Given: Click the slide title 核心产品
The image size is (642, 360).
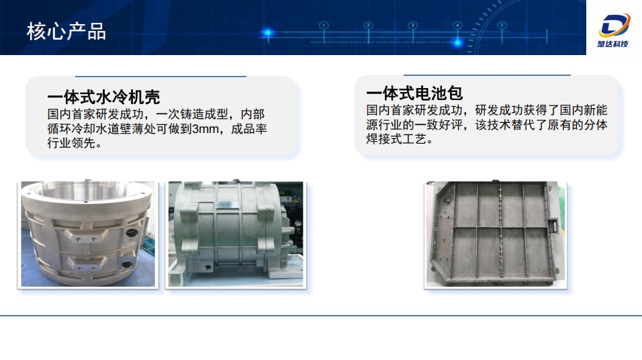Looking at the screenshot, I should (x=66, y=32).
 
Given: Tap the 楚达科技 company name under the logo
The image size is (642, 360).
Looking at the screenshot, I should (x=612, y=44).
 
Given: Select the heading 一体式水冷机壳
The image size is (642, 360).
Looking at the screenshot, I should (x=103, y=96).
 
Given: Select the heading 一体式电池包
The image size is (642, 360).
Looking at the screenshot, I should (x=414, y=93).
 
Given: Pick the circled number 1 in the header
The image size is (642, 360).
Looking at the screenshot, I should (x=324, y=26).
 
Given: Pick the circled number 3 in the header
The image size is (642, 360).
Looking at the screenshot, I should (x=412, y=26).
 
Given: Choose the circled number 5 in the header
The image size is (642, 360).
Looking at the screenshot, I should (x=502, y=26).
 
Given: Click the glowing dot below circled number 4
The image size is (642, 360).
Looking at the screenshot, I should (x=457, y=42).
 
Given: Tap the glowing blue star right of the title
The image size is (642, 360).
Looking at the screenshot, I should (x=268, y=33).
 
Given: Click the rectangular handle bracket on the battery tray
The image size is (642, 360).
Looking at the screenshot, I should (x=552, y=226).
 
